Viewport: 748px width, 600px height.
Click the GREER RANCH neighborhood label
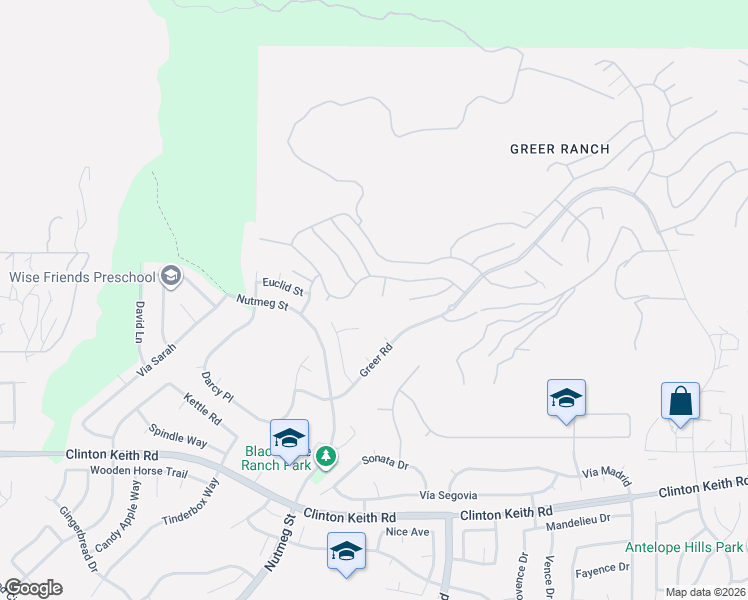tap(559, 149)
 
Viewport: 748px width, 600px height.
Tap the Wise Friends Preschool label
tap(83, 277)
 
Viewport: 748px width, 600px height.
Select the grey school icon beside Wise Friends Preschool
tap(171, 276)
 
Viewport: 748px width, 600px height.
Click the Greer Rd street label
tap(375, 361)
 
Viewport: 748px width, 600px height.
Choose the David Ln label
tap(140, 321)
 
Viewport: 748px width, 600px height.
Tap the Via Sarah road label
tap(157, 360)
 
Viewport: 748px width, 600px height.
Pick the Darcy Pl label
tap(217, 387)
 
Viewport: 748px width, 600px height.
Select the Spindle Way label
tap(178, 440)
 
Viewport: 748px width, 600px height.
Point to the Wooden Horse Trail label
tap(138, 470)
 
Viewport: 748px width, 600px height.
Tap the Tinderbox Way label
tap(191, 503)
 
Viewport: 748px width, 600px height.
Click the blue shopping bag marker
tap(680, 402)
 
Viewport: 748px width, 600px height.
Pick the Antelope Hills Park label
tap(684, 547)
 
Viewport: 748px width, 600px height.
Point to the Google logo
tap(32, 588)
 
